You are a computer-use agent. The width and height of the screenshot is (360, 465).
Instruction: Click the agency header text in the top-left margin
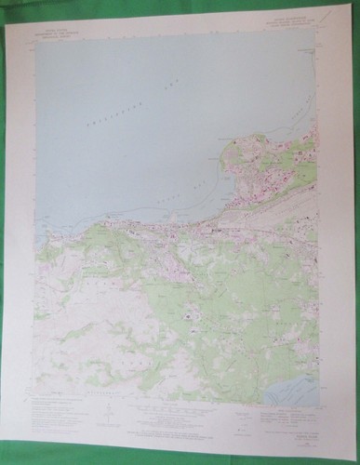[58, 33]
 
